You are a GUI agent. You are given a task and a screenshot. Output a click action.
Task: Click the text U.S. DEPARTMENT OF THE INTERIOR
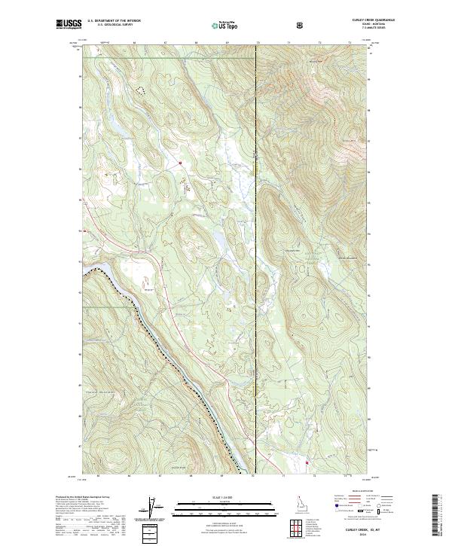point(114,21)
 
